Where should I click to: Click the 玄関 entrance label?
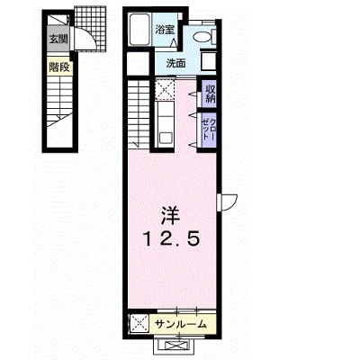point(58,39)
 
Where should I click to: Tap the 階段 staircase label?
point(59,67)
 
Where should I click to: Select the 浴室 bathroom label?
point(165,30)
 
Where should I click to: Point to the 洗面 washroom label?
point(176,63)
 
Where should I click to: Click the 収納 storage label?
point(210,94)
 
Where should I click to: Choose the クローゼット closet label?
point(209,130)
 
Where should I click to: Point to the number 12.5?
point(171,240)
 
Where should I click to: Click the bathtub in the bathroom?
point(139,30)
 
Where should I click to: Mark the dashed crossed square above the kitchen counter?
point(165,89)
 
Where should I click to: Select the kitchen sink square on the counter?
point(166,139)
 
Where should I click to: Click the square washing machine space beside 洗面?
point(208,61)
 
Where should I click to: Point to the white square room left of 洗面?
point(138,64)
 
